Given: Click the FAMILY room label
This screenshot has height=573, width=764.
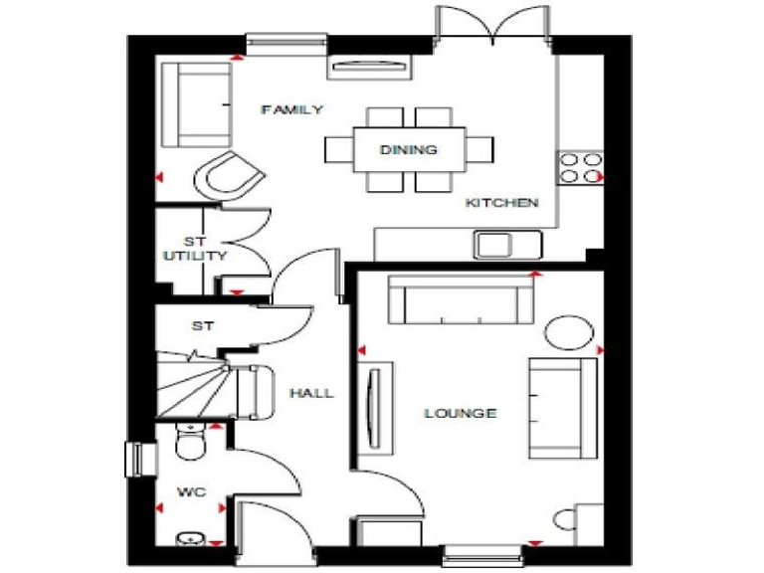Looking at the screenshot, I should tap(292, 109).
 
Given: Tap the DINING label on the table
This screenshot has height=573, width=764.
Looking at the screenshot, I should tap(408, 150).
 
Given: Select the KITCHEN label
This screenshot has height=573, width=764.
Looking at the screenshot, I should tap(502, 203).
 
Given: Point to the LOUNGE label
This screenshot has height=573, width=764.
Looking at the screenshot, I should tap(460, 413).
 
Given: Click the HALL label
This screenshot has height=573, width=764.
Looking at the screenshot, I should tap(311, 393).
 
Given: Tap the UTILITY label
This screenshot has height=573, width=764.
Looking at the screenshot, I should tap(195, 256).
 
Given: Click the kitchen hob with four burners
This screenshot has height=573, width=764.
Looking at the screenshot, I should tap(581, 167).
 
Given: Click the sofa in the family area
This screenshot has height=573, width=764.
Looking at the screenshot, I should tap(197, 103).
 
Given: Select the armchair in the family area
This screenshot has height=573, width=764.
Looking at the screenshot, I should tap(231, 177).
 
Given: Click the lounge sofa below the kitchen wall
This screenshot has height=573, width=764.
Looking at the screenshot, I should tap(459, 299).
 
